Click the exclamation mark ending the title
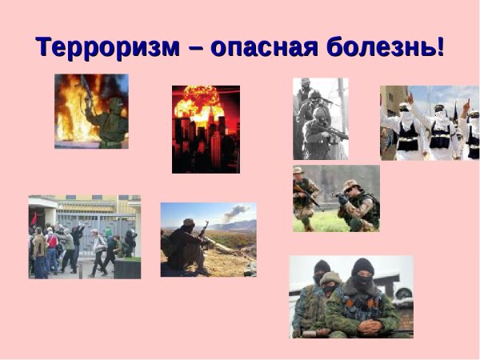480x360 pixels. click(x=440, y=46)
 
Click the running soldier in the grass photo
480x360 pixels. click(x=305, y=196)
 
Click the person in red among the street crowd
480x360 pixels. click(x=52, y=240)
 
